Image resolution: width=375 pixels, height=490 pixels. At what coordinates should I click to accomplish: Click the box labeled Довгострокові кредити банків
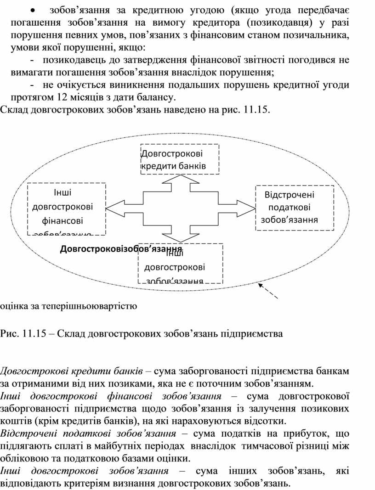click(179, 159)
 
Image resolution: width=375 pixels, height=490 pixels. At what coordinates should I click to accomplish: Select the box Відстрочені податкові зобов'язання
click(294, 208)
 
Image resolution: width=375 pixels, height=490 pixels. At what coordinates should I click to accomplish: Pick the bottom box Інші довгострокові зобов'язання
click(180, 264)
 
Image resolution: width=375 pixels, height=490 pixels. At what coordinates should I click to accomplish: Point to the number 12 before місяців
click(62, 98)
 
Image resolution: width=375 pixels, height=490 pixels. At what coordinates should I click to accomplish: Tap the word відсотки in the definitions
click(267, 420)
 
